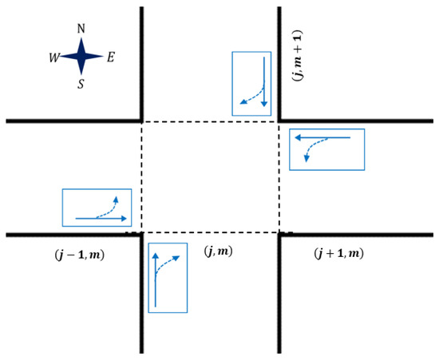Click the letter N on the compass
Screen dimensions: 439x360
81,29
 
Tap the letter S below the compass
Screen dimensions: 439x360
81,84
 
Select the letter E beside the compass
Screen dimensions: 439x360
111,57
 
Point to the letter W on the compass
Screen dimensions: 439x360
54,58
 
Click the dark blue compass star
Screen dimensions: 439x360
81,56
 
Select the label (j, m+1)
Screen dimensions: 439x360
298,55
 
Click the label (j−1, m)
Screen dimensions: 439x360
80,255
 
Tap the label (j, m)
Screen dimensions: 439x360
219,251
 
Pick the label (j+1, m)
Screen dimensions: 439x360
339,254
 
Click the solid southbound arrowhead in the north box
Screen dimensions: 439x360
264,104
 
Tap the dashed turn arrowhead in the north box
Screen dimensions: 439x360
243,102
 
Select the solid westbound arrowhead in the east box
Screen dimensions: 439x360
298,137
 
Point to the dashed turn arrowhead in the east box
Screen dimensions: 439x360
307,159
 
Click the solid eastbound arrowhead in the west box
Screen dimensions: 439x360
124,219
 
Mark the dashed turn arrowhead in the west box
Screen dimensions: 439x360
116,199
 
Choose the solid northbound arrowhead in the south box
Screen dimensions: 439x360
156,255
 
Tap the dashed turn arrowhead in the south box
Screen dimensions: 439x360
176,258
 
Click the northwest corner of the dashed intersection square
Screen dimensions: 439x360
141,122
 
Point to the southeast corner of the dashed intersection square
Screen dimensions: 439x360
279,232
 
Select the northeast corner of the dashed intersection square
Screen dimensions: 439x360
279,122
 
